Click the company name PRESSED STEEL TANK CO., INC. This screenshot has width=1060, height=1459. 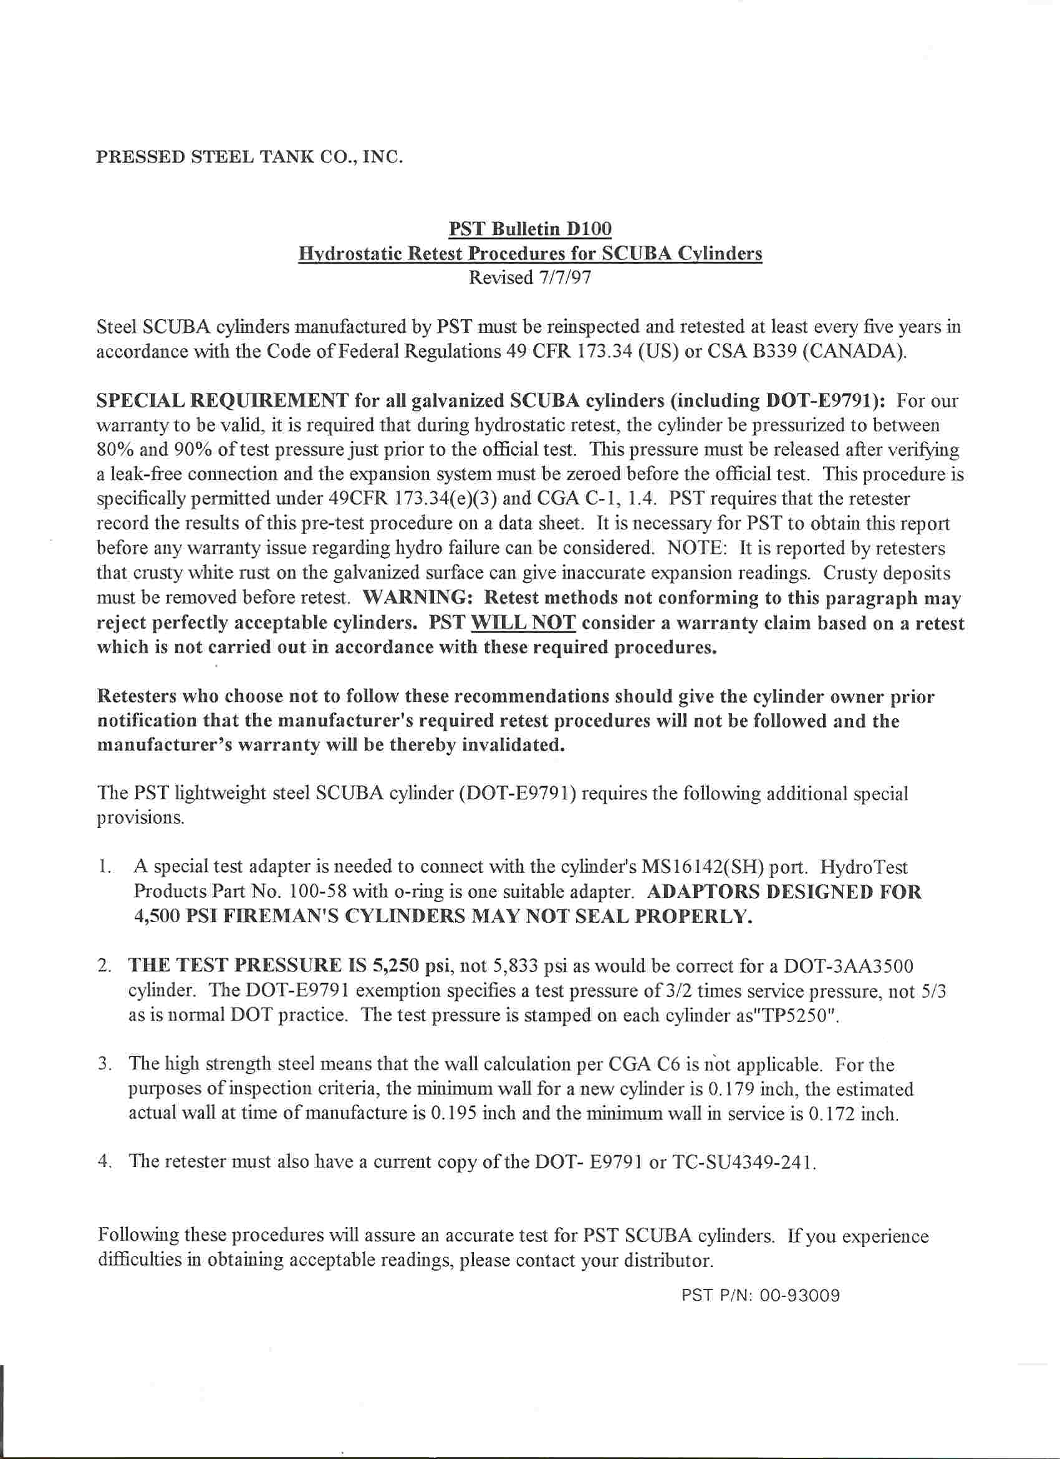[249, 157]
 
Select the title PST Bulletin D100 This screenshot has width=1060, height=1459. [530, 228]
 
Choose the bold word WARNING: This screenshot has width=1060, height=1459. [418, 597]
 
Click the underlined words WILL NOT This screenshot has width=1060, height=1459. [524, 624]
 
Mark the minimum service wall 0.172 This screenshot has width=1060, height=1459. [833, 1114]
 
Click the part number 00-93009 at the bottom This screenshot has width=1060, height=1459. [800, 1296]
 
